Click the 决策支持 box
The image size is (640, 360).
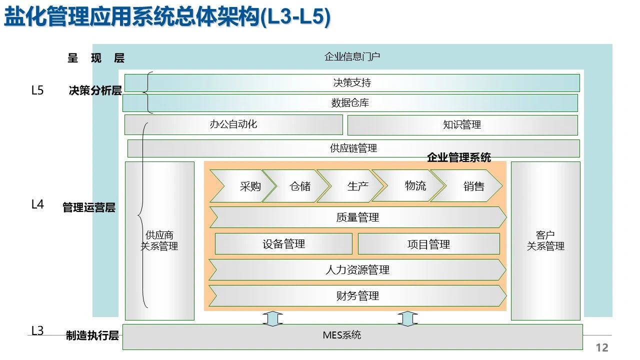click(x=352, y=83)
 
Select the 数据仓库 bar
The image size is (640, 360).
click(x=350, y=103)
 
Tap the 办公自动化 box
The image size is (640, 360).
click(x=233, y=124)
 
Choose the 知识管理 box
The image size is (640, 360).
click(x=462, y=125)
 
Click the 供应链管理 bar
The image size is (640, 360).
click(x=353, y=148)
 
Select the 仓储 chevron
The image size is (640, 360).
click(x=297, y=186)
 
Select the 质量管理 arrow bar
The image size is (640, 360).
click(x=357, y=217)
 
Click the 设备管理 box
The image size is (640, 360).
click(x=283, y=244)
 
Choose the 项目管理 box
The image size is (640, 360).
click(x=428, y=244)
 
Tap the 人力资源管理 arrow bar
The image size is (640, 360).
click(x=357, y=270)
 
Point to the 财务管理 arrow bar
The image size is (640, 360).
click(x=357, y=296)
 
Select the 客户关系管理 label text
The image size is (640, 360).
click(x=545, y=240)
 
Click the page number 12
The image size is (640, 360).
click(x=602, y=347)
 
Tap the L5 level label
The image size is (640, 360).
click(x=37, y=90)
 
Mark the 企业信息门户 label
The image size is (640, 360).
click(x=352, y=56)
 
